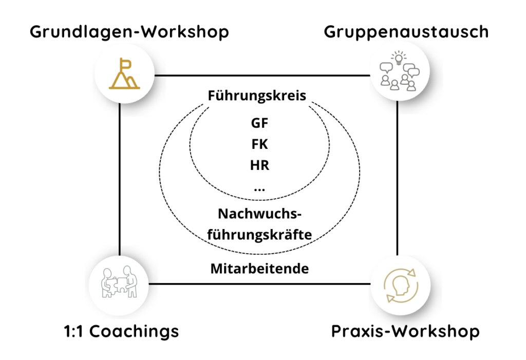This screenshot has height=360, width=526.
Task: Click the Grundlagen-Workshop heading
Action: [129, 32]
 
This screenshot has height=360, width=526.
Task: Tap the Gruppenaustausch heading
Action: [406, 32]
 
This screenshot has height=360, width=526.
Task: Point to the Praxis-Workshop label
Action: [405, 331]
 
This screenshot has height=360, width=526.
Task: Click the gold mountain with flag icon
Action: [124, 74]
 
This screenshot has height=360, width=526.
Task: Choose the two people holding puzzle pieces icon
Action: [119, 283]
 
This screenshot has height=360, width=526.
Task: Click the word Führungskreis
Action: [257, 96]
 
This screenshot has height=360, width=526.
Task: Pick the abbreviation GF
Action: [260, 123]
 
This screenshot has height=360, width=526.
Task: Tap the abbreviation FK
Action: [260, 144]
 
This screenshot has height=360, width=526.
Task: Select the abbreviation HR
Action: [260, 165]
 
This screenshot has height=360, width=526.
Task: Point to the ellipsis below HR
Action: [259, 189]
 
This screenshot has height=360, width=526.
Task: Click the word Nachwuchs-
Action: [260, 214]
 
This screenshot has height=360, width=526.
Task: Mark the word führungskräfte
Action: [260, 235]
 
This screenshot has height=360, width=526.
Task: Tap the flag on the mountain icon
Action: [124, 64]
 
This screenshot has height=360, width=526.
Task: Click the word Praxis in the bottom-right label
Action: [358, 331]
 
